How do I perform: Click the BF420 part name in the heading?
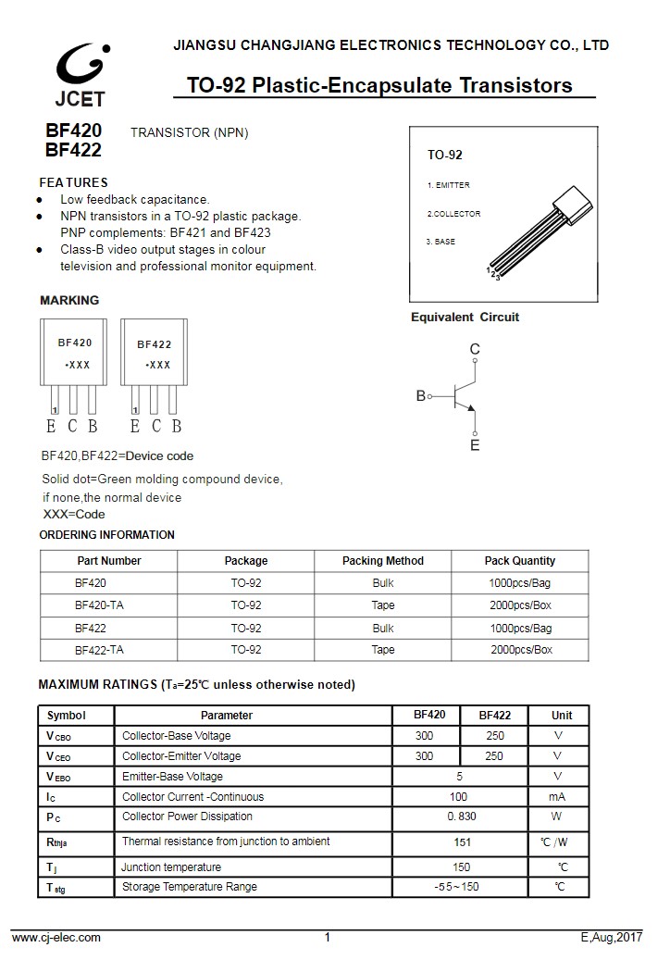click(x=73, y=131)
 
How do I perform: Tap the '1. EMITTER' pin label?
click(x=448, y=185)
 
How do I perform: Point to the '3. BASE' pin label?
click(x=440, y=242)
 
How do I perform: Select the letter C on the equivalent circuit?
click(x=475, y=349)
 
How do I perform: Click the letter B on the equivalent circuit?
click(x=421, y=395)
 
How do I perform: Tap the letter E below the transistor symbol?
click(x=475, y=445)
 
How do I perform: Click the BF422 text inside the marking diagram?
click(x=155, y=344)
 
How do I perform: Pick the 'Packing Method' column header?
click(x=383, y=561)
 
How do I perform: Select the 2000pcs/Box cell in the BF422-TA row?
click(x=521, y=650)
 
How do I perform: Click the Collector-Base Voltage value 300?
click(x=424, y=736)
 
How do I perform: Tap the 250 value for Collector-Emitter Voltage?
click(x=494, y=756)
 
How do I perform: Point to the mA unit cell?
click(x=557, y=797)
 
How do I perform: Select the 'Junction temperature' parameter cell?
click(x=171, y=867)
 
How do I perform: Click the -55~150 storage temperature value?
click(x=457, y=887)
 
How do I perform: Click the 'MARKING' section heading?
click(x=69, y=300)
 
